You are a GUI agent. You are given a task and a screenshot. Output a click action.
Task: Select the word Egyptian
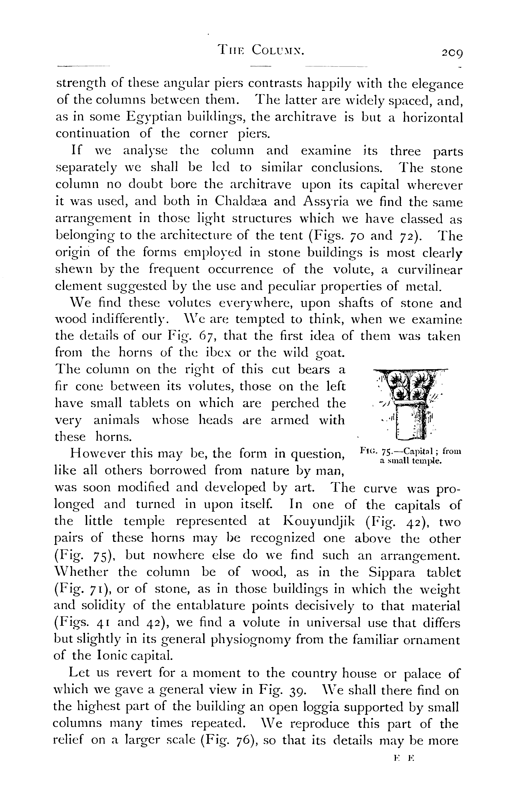152,117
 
